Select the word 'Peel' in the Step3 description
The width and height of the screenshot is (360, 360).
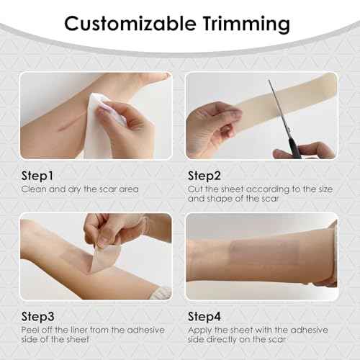28,329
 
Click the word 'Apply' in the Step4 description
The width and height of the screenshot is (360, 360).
199,329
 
